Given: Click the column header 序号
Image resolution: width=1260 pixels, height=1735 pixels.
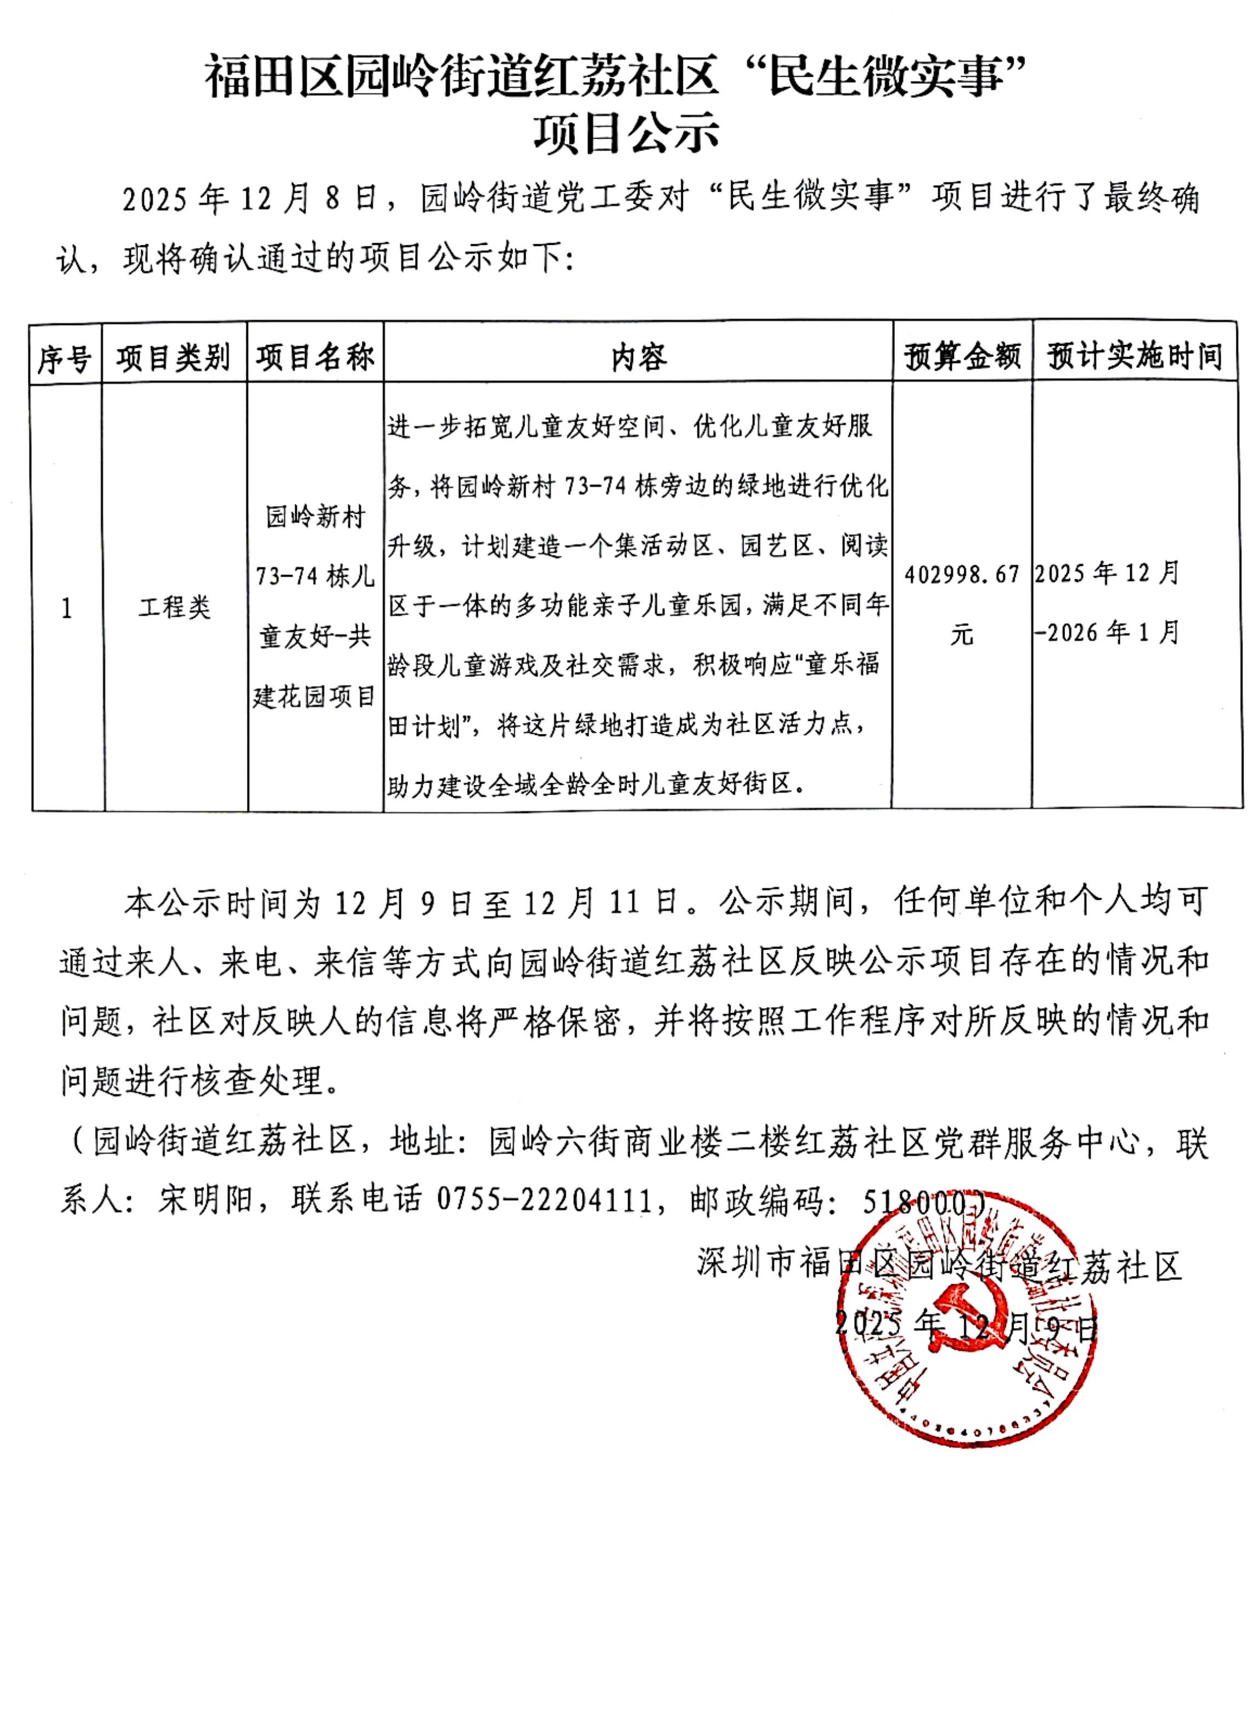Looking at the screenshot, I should pos(65,357).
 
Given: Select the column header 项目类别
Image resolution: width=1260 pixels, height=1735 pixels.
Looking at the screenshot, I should pos(174,357).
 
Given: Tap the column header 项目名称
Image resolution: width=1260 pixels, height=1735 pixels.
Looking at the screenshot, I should pos(315,357).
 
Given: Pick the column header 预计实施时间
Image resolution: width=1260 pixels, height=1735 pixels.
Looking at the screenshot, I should pos(1135,357).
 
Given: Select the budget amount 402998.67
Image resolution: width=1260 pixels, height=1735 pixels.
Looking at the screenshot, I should pos(962,574).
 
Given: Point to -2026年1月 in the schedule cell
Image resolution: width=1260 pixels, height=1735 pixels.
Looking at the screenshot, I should pos(1106,633).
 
